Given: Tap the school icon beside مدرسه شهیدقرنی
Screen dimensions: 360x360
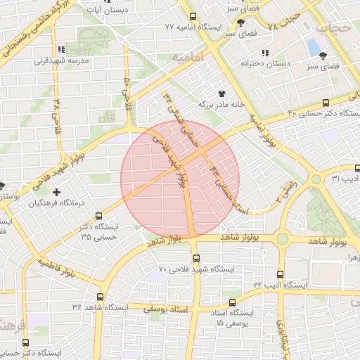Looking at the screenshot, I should click(x=61, y=49).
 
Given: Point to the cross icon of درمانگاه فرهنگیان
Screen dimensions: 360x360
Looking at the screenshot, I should click(x=57, y=191).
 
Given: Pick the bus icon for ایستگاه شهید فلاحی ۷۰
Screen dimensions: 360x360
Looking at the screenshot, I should click(x=195, y=257).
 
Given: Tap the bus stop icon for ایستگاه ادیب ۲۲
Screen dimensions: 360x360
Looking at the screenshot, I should click(x=281, y=274).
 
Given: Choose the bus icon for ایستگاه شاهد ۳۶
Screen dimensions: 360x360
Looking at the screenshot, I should click(x=99, y=297).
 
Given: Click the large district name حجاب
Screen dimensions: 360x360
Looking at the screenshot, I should click(x=331, y=27).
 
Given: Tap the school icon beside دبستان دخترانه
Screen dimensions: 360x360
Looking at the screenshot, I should click(x=265, y=53).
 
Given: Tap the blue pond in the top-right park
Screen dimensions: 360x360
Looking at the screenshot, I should click(x=312, y=47).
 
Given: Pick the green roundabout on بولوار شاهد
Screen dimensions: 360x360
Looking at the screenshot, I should click(x=282, y=239).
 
